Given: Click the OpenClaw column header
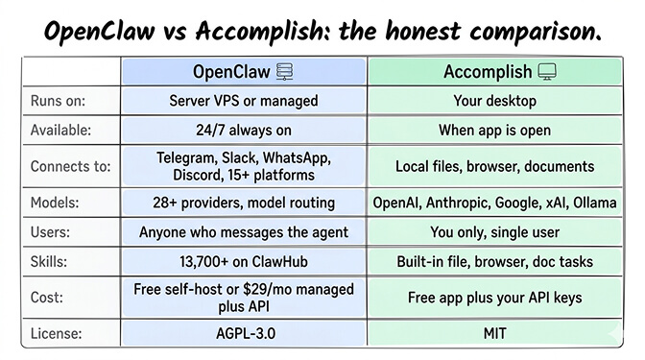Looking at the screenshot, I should point(231,72).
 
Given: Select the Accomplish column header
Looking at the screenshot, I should point(488,72).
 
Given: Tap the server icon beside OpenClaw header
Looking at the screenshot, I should point(284,72).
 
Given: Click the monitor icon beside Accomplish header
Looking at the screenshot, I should point(547,72).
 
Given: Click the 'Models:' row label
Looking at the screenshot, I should point(55,203).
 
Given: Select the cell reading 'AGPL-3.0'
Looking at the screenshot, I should point(242,334).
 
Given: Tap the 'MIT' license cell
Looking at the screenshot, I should point(495,334).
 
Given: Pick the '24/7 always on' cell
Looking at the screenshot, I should point(242,129).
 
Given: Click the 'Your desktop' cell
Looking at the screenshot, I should point(495,100).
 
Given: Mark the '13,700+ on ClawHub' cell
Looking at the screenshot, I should point(242,261).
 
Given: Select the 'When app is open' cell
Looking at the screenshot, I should point(495,129).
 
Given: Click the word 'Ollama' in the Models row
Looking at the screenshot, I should point(593,203).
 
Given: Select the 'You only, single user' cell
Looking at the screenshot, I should point(495,231).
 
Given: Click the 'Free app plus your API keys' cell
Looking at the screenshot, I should point(495,298).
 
